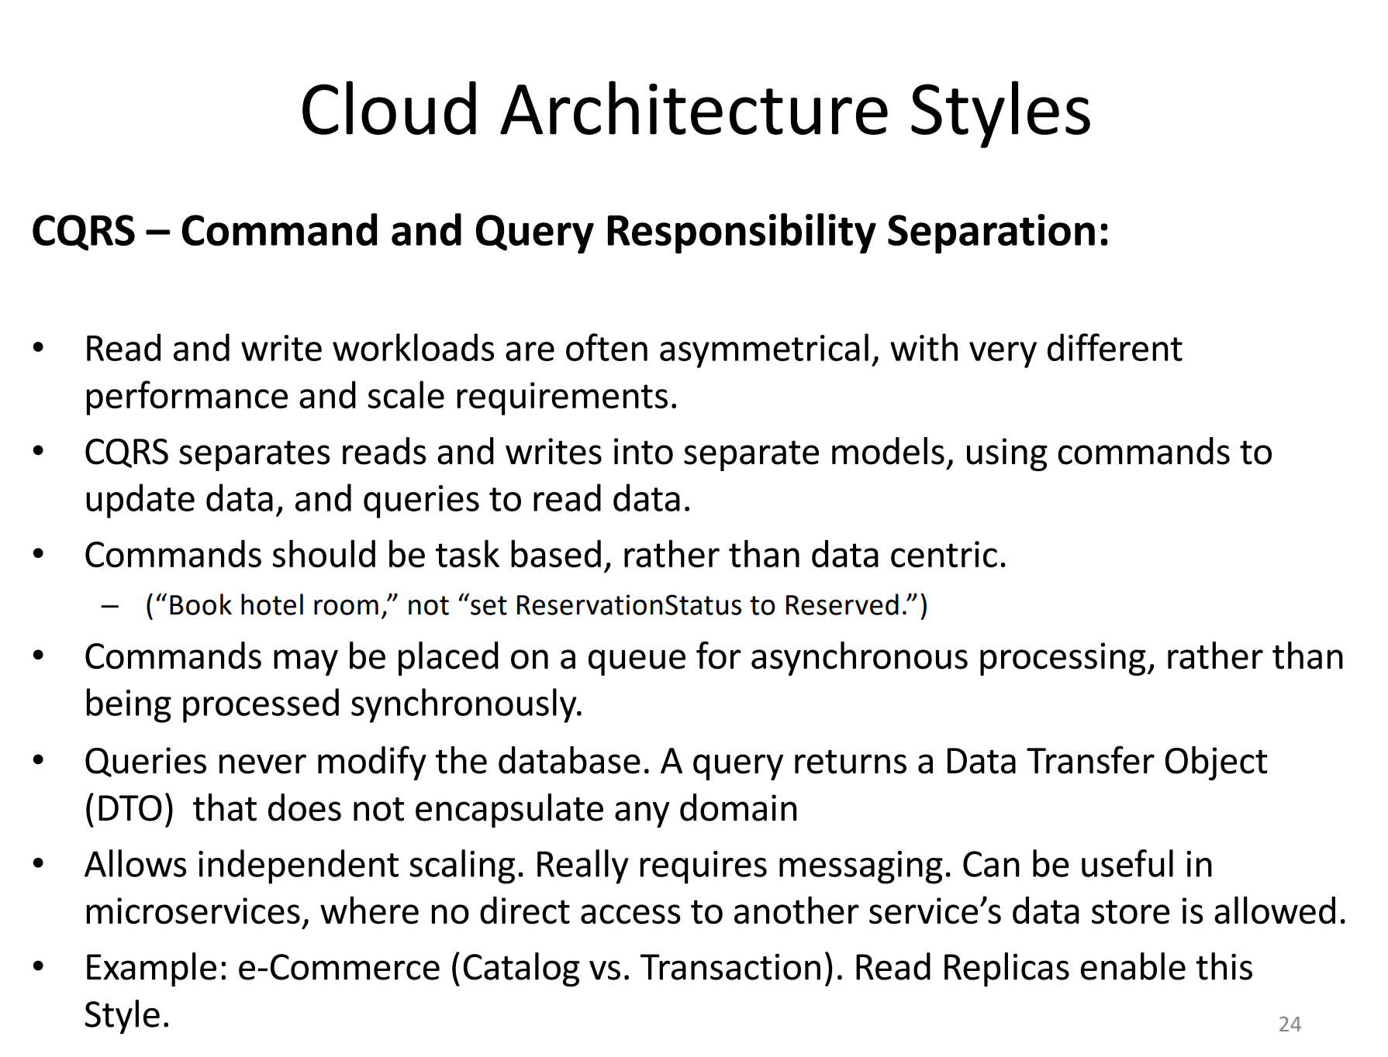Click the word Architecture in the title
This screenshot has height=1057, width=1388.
[x=695, y=111]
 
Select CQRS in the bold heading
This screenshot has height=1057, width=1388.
[x=84, y=232]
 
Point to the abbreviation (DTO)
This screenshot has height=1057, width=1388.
[x=129, y=809]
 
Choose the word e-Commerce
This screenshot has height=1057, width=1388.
[x=339, y=969]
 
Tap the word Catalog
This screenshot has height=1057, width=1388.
[x=515, y=969]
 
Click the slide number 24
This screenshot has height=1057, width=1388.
[x=1290, y=1024]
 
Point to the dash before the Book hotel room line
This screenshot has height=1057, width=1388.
[x=110, y=606]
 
